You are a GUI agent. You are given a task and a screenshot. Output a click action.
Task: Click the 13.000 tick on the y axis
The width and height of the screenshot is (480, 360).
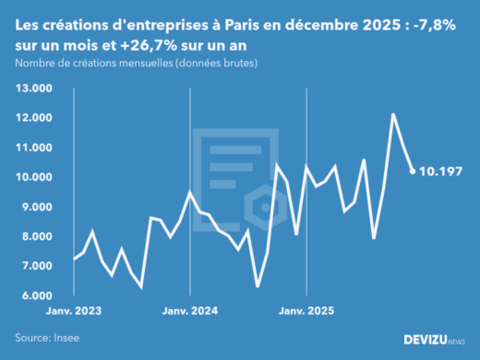click(33, 89)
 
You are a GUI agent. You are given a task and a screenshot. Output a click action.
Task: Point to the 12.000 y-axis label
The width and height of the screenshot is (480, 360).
click(33, 118)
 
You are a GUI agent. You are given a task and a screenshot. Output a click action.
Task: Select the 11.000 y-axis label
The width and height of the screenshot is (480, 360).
click(33, 148)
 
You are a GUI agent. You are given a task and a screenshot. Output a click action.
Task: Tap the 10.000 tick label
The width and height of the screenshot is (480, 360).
click(33, 177)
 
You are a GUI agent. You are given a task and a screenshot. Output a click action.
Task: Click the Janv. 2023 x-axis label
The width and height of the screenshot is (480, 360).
click(73, 312)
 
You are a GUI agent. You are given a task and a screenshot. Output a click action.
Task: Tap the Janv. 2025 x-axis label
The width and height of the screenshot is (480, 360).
click(306, 312)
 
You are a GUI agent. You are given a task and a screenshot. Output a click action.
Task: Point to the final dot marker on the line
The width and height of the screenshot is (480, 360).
click(412, 171)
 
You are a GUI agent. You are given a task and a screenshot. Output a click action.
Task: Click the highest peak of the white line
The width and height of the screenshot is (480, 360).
click(393, 114)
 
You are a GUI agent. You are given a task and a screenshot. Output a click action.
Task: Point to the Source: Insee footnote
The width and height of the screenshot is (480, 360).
click(47, 338)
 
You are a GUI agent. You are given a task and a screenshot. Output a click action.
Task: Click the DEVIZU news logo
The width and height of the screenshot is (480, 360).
click(435, 340)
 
